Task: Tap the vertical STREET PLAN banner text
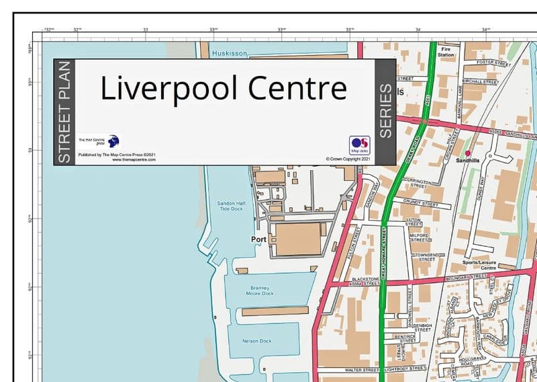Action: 64,112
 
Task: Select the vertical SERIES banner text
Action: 386,111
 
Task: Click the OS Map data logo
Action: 359,145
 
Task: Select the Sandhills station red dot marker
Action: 468,153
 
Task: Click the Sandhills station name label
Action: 469,161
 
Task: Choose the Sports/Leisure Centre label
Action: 479,264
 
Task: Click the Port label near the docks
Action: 258,239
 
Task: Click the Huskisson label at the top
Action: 229,52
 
